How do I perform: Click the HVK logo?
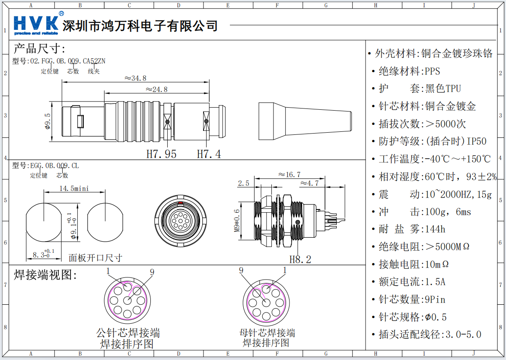tap(36, 25)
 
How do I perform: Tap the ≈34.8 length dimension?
tap(135, 78)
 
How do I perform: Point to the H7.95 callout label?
tap(162, 154)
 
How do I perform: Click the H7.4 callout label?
tap(209, 154)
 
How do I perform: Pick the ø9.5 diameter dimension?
tap(48, 121)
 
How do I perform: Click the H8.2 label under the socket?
tap(300, 259)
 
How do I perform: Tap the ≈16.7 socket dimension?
tap(289, 175)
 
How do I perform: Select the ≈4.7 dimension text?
tap(309, 183)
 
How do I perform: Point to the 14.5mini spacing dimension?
tap(74, 189)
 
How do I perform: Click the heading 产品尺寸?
tap(39, 48)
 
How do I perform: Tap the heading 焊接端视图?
tap(45, 275)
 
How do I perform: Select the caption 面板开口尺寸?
tap(95, 258)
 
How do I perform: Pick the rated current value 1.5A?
tap(435, 282)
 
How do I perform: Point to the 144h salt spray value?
tap(435, 229)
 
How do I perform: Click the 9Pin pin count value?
tap(435, 299)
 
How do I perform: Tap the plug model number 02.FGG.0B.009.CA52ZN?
tap(68, 61)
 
